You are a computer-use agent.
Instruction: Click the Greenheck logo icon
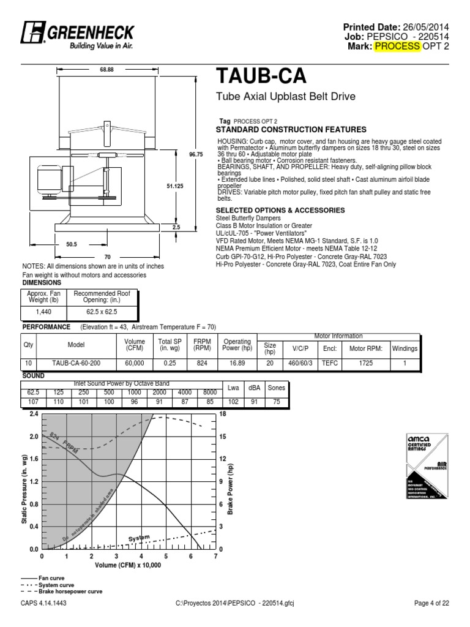pyautogui.click(x=31, y=32)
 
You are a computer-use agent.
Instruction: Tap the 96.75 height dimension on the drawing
pyautogui.click(x=196, y=154)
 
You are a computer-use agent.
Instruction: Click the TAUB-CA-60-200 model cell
pyautogui.click(x=80, y=364)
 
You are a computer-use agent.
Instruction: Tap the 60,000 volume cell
pyautogui.click(x=134, y=364)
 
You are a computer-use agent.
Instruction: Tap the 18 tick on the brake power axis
pyautogui.click(x=223, y=414)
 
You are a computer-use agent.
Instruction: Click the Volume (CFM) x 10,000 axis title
pyautogui.click(x=128, y=566)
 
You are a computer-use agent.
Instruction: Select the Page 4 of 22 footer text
pyautogui.click(x=431, y=604)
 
